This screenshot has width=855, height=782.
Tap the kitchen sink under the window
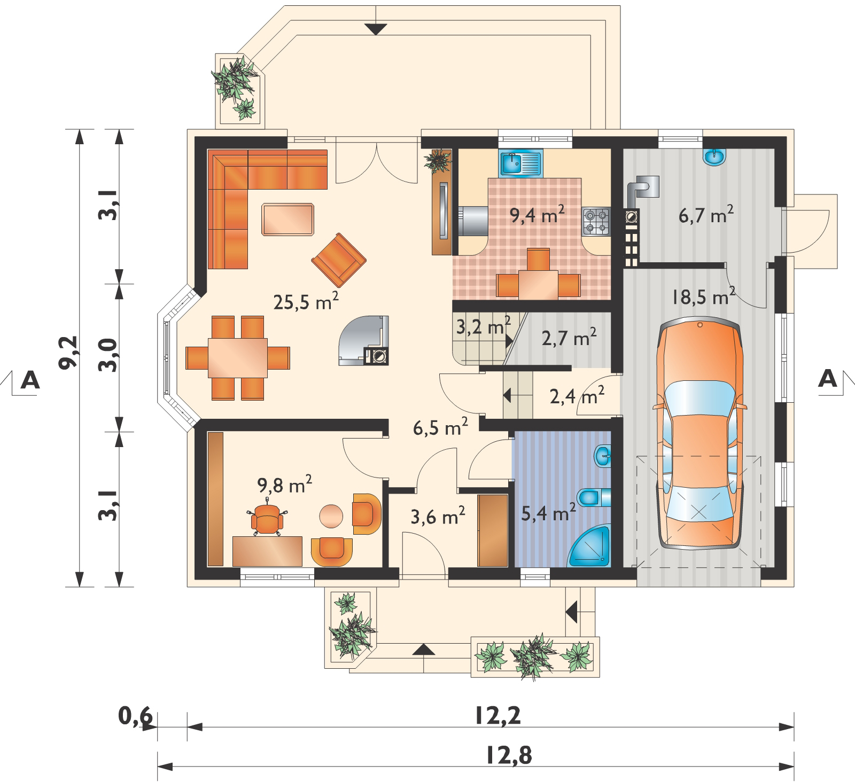tap(521, 163)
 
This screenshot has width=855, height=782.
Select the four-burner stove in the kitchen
tap(596, 221)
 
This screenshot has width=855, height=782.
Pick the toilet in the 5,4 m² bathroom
tap(596, 497)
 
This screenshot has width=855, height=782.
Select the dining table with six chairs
tap(238, 357)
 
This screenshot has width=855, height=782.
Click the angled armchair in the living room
tap(339, 260)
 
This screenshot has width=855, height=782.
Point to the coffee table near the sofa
tap(287, 218)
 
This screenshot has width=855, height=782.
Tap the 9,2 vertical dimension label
tap(69, 352)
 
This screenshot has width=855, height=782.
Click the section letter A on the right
tap(828, 378)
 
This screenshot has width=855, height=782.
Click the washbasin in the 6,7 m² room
tap(716, 156)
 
